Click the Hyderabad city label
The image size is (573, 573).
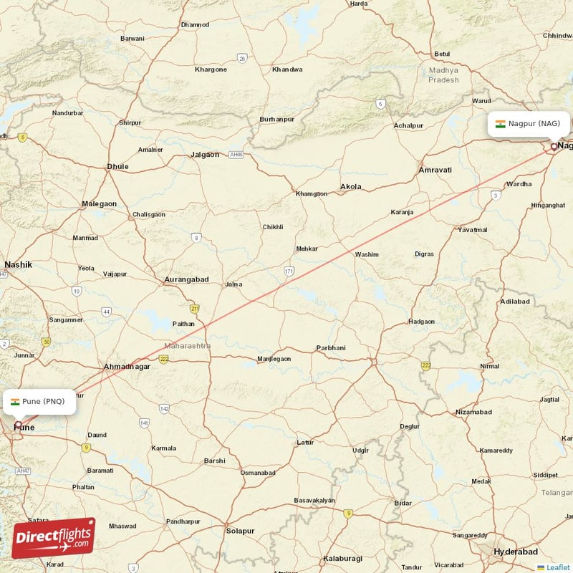click(516, 552)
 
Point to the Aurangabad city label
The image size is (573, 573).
click(186, 279)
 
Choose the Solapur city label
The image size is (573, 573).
click(240, 531)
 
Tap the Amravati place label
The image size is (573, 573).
click(435, 170)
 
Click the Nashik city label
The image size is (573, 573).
click(18, 264)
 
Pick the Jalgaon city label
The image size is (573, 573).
click(205, 154)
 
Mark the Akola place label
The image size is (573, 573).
click(351, 187)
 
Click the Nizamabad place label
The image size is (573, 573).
click(474, 412)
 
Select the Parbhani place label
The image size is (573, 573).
click(331, 348)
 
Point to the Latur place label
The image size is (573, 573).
click(305, 442)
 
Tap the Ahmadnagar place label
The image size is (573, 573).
click(127, 366)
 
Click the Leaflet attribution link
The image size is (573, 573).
click(557, 567)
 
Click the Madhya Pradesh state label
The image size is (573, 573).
click(443, 74)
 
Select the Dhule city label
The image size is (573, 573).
click(117, 166)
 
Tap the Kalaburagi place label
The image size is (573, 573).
click(342, 558)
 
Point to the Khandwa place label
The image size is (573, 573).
click(287, 69)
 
